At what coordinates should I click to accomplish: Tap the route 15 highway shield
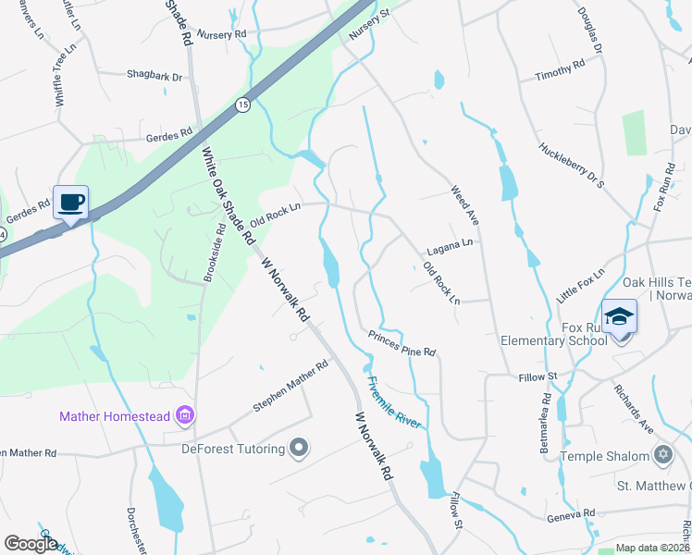(242, 104)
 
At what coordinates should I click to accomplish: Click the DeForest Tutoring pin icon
(299, 449)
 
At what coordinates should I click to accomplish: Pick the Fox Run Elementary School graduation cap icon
(620, 315)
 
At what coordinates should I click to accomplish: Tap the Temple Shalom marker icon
(662, 455)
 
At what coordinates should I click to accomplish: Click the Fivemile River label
(393, 401)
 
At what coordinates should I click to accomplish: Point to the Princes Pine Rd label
(402, 343)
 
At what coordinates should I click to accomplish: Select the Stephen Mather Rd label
(291, 387)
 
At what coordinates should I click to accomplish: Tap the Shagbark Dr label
(154, 76)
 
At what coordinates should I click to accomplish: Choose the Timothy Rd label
(560, 70)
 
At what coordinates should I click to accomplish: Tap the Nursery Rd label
(227, 33)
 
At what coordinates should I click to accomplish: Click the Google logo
(31, 543)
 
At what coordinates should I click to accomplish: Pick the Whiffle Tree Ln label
(62, 80)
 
